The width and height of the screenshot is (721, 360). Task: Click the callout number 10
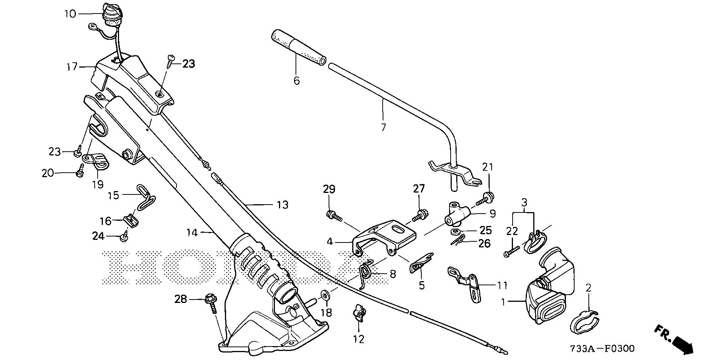(x=70, y=14)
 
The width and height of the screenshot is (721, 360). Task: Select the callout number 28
(x=181, y=299)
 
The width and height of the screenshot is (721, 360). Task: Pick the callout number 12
(x=359, y=339)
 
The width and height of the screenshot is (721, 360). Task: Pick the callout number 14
(x=192, y=233)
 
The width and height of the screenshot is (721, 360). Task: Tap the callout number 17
(x=72, y=67)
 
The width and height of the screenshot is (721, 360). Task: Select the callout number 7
(x=383, y=128)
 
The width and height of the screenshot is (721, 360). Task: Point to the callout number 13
(x=282, y=205)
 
